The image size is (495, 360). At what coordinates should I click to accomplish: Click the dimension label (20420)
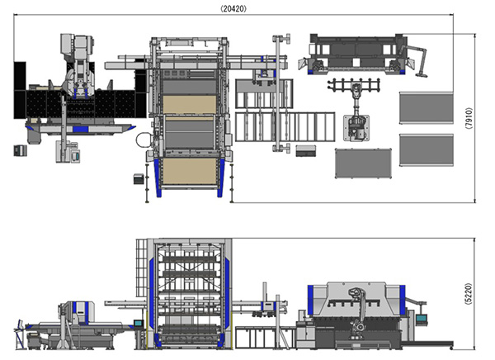(233, 8)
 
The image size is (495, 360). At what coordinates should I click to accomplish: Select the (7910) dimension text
(469, 118)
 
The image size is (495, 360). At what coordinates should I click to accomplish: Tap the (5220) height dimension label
(469, 294)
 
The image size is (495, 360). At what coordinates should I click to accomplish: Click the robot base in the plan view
(356, 128)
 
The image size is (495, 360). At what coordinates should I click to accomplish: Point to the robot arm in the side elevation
(358, 313)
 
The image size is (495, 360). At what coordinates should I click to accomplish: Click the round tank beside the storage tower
(143, 140)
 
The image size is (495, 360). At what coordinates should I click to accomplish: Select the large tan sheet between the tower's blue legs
(190, 171)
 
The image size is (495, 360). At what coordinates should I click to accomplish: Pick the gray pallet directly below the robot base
(363, 163)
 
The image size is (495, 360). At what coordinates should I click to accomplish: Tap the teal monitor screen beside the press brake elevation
(421, 319)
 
